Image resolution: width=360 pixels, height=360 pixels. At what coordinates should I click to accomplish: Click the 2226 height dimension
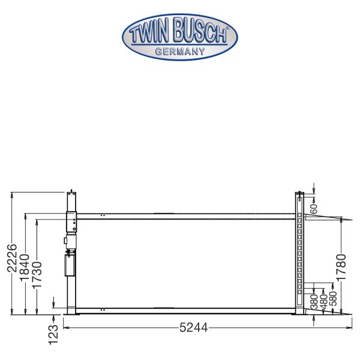point(12,258)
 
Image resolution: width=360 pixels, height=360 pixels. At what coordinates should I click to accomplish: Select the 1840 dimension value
point(25,268)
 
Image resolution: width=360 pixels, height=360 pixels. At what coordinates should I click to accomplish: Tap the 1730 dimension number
point(37,275)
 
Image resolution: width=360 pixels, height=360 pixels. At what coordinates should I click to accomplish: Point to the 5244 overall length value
point(193,328)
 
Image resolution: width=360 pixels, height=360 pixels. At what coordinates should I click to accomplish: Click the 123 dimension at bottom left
point(53,335)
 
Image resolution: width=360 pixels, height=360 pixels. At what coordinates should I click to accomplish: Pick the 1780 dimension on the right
point(341,267)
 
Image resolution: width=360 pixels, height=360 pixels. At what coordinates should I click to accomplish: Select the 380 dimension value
point(314,301)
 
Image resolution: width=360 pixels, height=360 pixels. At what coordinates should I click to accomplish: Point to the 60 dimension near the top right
point(314,209)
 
